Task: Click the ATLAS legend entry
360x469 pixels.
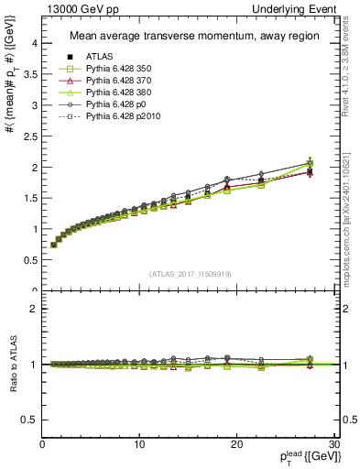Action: click(98, 57)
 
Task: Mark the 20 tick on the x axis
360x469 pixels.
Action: click(236, 443)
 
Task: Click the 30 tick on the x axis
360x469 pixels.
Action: click(333, 443)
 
